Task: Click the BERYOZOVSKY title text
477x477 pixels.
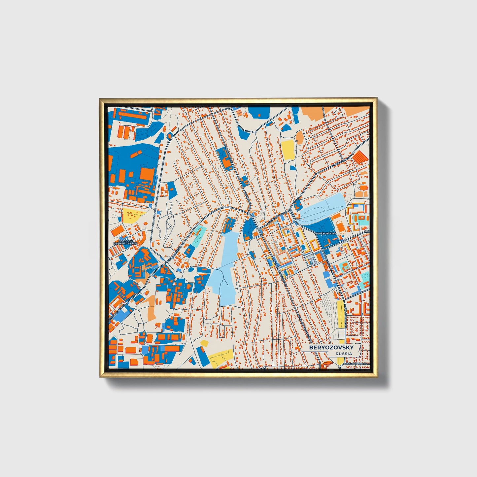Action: click(331, 348)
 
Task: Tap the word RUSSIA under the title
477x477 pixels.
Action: click(343, 354)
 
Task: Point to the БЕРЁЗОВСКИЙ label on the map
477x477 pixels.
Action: click(326, 233)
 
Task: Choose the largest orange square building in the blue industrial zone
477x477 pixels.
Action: click(147, 174)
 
